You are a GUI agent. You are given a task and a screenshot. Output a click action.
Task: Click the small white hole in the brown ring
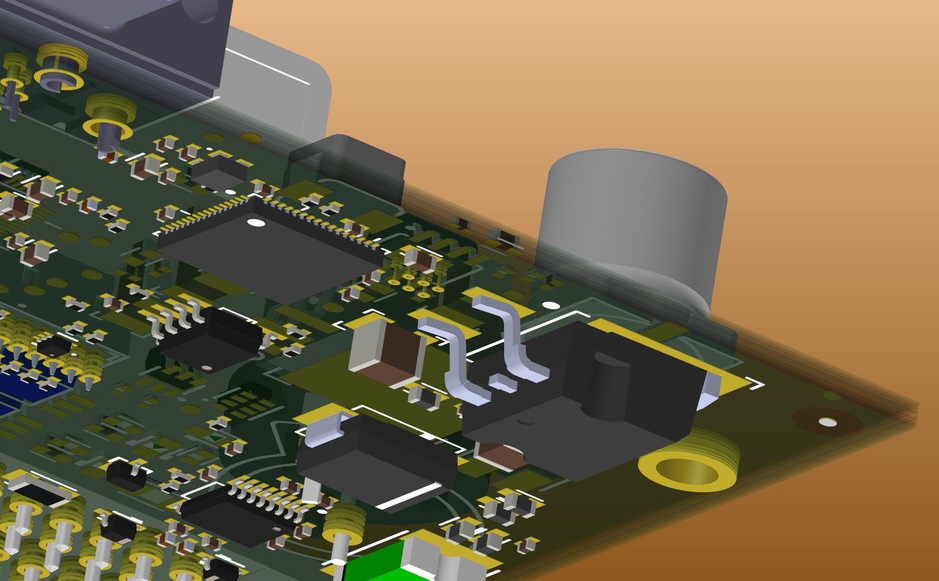coord(827,422)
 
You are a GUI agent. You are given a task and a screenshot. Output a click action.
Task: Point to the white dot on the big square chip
coord(255,223)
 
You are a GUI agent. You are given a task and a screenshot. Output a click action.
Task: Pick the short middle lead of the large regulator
coord(503,383)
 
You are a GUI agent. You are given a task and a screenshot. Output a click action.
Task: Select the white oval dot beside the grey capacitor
coord(550,305)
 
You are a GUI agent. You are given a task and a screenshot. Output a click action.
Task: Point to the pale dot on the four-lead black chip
coord(206,368)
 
